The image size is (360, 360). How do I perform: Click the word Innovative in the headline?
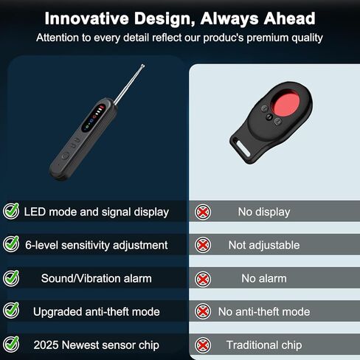pos(87,18)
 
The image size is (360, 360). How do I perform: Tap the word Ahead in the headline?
pos(290,18)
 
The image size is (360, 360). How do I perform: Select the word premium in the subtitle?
pos(268,38)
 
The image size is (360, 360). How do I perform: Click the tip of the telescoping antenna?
pos(143,66)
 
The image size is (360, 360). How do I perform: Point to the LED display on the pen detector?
pos(94,118)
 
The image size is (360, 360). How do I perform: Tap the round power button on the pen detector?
pos(65,156)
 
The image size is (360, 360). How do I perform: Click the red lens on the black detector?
pos(286,103)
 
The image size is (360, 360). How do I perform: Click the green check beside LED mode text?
pos(11,211)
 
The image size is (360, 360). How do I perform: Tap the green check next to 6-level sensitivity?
pos(11,244)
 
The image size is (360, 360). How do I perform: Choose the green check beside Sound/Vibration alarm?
pos(11,278)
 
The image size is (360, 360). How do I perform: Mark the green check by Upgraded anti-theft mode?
pos(11,311)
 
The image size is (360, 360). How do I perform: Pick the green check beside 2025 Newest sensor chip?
pos(11,344)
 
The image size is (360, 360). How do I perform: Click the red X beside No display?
pos(203,212)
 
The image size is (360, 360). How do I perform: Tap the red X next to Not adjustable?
pos(203,245)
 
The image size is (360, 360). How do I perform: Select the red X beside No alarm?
pos(203,280)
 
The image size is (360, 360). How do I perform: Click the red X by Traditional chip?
pos(203,345)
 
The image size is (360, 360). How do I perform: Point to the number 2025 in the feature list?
pos(46,345)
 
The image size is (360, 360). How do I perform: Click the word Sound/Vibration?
pos(81,279)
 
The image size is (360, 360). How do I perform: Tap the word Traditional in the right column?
pos(252,345)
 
